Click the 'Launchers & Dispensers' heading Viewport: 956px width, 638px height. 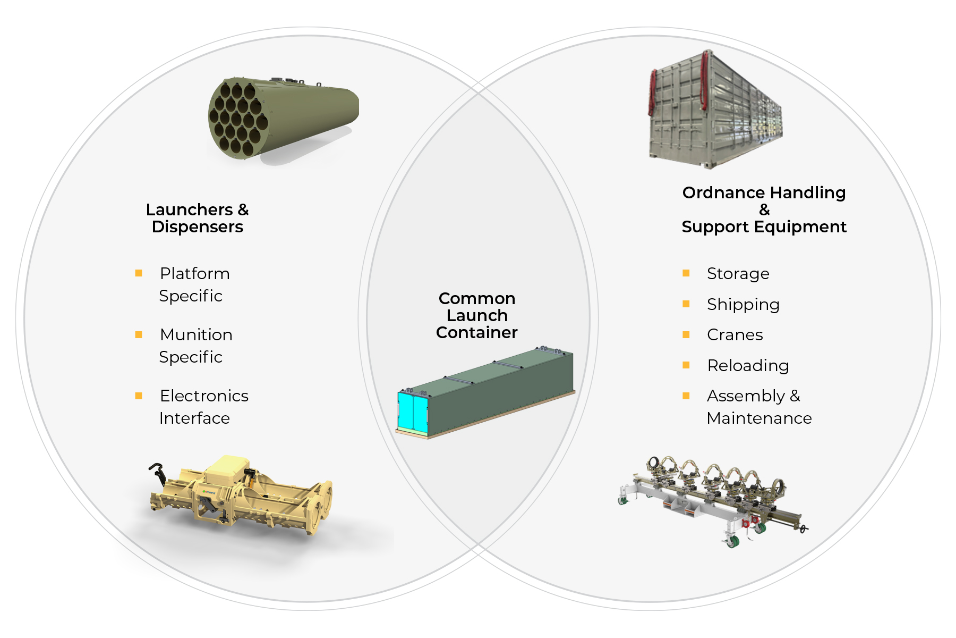pyautogui.click(x=197, y=218)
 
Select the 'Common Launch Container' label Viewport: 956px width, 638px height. pyautogui.click(x=476, y=315)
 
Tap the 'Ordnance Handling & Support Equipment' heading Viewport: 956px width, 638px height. pyautogui.click(x=764, y=209)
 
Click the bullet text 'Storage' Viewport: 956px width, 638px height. pyautogui.click(x=738, y=274)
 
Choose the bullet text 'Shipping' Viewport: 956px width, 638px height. pyautogui.click(x=743, y=305)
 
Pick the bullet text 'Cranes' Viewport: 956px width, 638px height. pyautogui.click(x=735, y=335)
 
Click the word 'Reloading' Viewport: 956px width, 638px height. pyautogui.click(x=748, y=366)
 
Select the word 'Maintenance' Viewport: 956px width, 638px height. pyautogui.click(x=759, y=418)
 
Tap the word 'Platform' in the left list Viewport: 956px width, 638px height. pyautogui.click(x=195, y=274)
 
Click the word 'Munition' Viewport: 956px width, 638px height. pyautogui.click(x=196, y=335)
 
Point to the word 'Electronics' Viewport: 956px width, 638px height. pyautogui.click(x=204, y=396)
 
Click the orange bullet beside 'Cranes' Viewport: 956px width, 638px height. pyautogui.click(x=686, y=335)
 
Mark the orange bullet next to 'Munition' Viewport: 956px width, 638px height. pyautogui.click(x=139, y=335)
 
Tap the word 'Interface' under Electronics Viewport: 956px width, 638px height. pyautogui.click(x=194, y=418)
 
